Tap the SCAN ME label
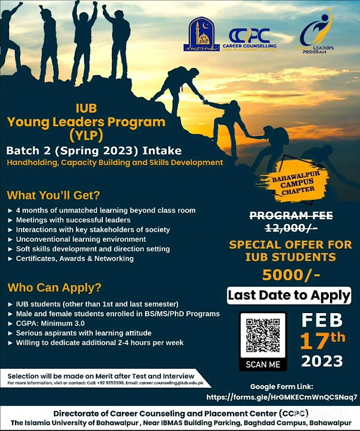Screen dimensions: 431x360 [x=263, y=363]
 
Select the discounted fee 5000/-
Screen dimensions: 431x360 [x=291, y=274]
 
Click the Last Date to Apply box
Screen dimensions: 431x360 [x=289, y=295]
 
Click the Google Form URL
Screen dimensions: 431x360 [x=282, y=397]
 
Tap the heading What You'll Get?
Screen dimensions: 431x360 [x=53, y=195]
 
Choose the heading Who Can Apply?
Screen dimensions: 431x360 [x=54, y=287]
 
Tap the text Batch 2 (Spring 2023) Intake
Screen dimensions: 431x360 [x=93, y=150]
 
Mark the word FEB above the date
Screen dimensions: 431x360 [x=322, y=318]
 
